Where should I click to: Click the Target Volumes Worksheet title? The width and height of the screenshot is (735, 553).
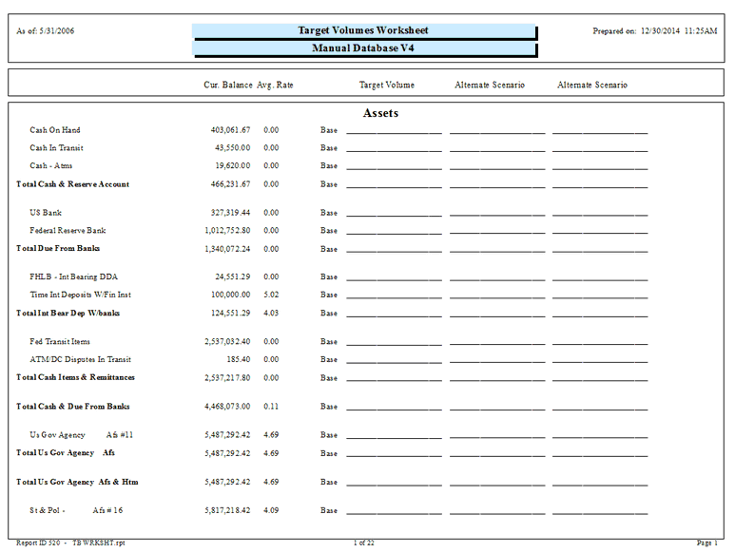363,31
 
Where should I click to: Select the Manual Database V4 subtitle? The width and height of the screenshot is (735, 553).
363,48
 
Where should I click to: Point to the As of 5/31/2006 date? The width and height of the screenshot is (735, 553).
46,31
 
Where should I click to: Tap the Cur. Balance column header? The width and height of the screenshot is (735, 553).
228,85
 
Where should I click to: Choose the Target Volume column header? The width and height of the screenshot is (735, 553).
386,85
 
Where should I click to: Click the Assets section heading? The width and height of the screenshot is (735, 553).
380,113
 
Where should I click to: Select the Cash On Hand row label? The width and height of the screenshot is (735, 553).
55,130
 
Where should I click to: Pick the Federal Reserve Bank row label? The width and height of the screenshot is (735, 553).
68,230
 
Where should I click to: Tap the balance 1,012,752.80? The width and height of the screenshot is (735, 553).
227,230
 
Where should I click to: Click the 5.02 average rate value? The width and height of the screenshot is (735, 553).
271,295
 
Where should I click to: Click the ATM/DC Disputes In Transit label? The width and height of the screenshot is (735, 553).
80,359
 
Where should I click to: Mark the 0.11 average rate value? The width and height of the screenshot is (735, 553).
271,406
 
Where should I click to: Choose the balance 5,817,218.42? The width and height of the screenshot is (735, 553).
227,510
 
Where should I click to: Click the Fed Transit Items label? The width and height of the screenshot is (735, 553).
60,341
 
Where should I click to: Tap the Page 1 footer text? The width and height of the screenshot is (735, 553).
706,543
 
